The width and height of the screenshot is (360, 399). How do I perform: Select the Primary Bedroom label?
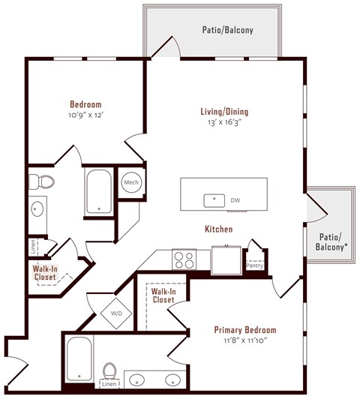[x=244, y=330]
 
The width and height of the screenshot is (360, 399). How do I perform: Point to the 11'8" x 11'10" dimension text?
[x=244, y=340]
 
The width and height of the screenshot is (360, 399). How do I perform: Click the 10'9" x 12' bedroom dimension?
[x=85, y=115]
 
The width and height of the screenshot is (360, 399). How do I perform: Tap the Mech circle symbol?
[x=131, y=182]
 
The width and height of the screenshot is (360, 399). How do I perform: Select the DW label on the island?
[x=235, y=200]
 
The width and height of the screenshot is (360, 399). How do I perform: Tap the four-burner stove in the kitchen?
[x=183, y=259]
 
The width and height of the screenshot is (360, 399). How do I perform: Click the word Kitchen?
[x=218, y=229]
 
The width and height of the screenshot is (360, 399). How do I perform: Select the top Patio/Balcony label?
[x=227, y=31]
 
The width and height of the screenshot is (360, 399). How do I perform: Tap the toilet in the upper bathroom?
[x=43, y=181]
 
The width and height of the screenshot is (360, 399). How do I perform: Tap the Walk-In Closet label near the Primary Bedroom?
[x=163, y=295]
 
